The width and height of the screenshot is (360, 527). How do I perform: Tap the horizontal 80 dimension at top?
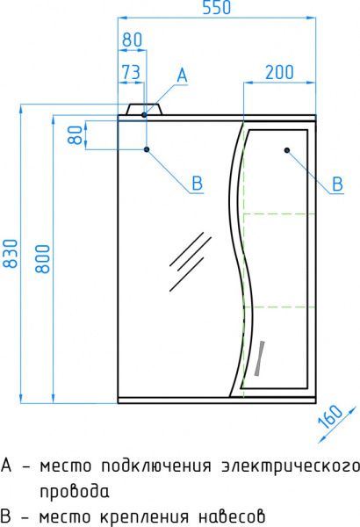point(132,40)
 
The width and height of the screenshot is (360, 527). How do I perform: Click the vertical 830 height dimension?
point(10,254)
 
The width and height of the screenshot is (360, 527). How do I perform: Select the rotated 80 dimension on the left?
point(76,135)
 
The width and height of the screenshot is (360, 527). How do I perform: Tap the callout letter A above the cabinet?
point(182,76)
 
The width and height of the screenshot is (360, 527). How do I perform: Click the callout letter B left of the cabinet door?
point(197,183)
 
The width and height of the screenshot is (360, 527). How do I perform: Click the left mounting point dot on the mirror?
point(147,149)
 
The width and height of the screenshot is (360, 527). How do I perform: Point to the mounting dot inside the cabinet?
point(287,150)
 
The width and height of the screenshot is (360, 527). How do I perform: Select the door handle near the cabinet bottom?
point(261,357)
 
